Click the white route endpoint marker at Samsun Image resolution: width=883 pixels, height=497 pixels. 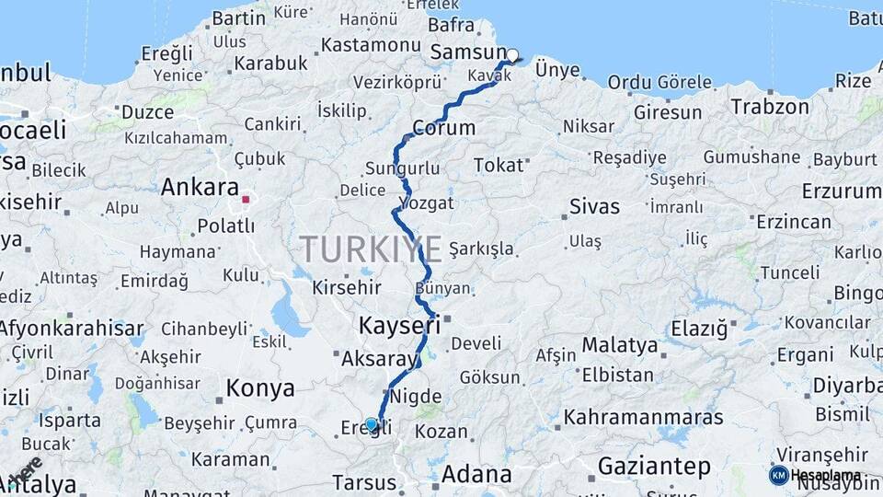point(512,55)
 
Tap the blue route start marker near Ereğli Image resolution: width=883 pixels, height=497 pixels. point(372,424)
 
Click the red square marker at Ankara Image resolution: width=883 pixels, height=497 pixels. point(246,198)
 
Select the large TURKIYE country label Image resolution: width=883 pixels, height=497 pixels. point(371,249)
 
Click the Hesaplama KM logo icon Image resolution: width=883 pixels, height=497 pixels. point(778,475)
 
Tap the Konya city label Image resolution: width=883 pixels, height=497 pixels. point(260,388)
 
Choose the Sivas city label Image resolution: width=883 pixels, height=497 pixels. point(594,205)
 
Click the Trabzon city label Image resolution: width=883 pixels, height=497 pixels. point(770,106)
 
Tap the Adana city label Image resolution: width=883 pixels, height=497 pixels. point(476,475)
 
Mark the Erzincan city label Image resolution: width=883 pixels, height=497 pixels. point(793,222)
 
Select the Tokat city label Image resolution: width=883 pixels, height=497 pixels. point(498,166)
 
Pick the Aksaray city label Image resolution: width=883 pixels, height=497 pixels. point(379,360)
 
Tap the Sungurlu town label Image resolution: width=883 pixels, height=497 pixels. point(402,168)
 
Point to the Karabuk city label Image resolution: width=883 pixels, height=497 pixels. point(270,64)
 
